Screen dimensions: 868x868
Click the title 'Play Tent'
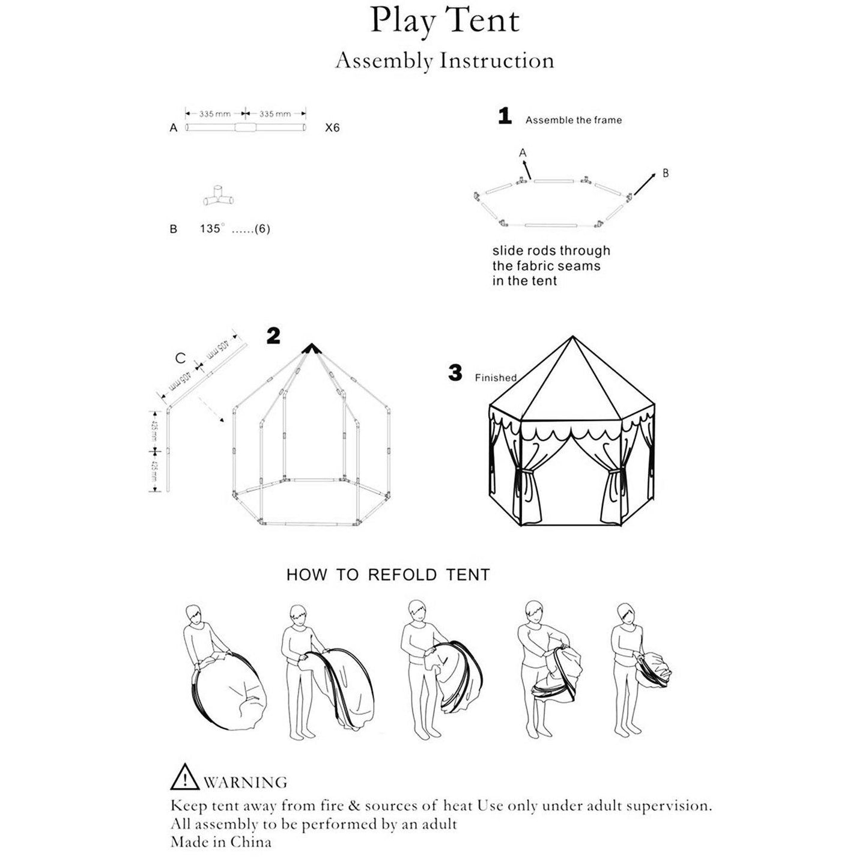click(x=445, y=22)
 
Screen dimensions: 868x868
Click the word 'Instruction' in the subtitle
click(x=497, y=61)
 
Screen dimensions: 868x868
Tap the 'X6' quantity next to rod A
click(x=332, y=128)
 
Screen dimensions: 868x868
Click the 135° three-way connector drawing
click(x=218, y=197)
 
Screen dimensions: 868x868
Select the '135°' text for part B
click(x=212, y=229)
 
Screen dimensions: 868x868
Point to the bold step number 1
click(x=505, y=116)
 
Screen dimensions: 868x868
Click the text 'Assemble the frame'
click(x=573, y=120)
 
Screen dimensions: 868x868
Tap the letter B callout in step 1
click(x=665, y=173)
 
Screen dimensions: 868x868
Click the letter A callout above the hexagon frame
click(x=523, y=153)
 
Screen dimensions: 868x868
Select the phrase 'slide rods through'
click(x=551, y=251)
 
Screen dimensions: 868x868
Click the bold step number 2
click(x=273, y=336)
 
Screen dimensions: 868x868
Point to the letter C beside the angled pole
click(x=180, y=359)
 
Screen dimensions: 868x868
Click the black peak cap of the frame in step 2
click(x=311, y=348)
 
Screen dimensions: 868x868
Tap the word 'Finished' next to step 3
click(x=496, y=378)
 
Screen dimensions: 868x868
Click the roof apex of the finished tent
click(x=572, y=338)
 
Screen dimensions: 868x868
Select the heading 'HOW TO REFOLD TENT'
click(x=388, y=575)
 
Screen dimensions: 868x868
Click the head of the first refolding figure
click(x=193, y=615)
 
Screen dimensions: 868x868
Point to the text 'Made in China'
click(x=220, y=842)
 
